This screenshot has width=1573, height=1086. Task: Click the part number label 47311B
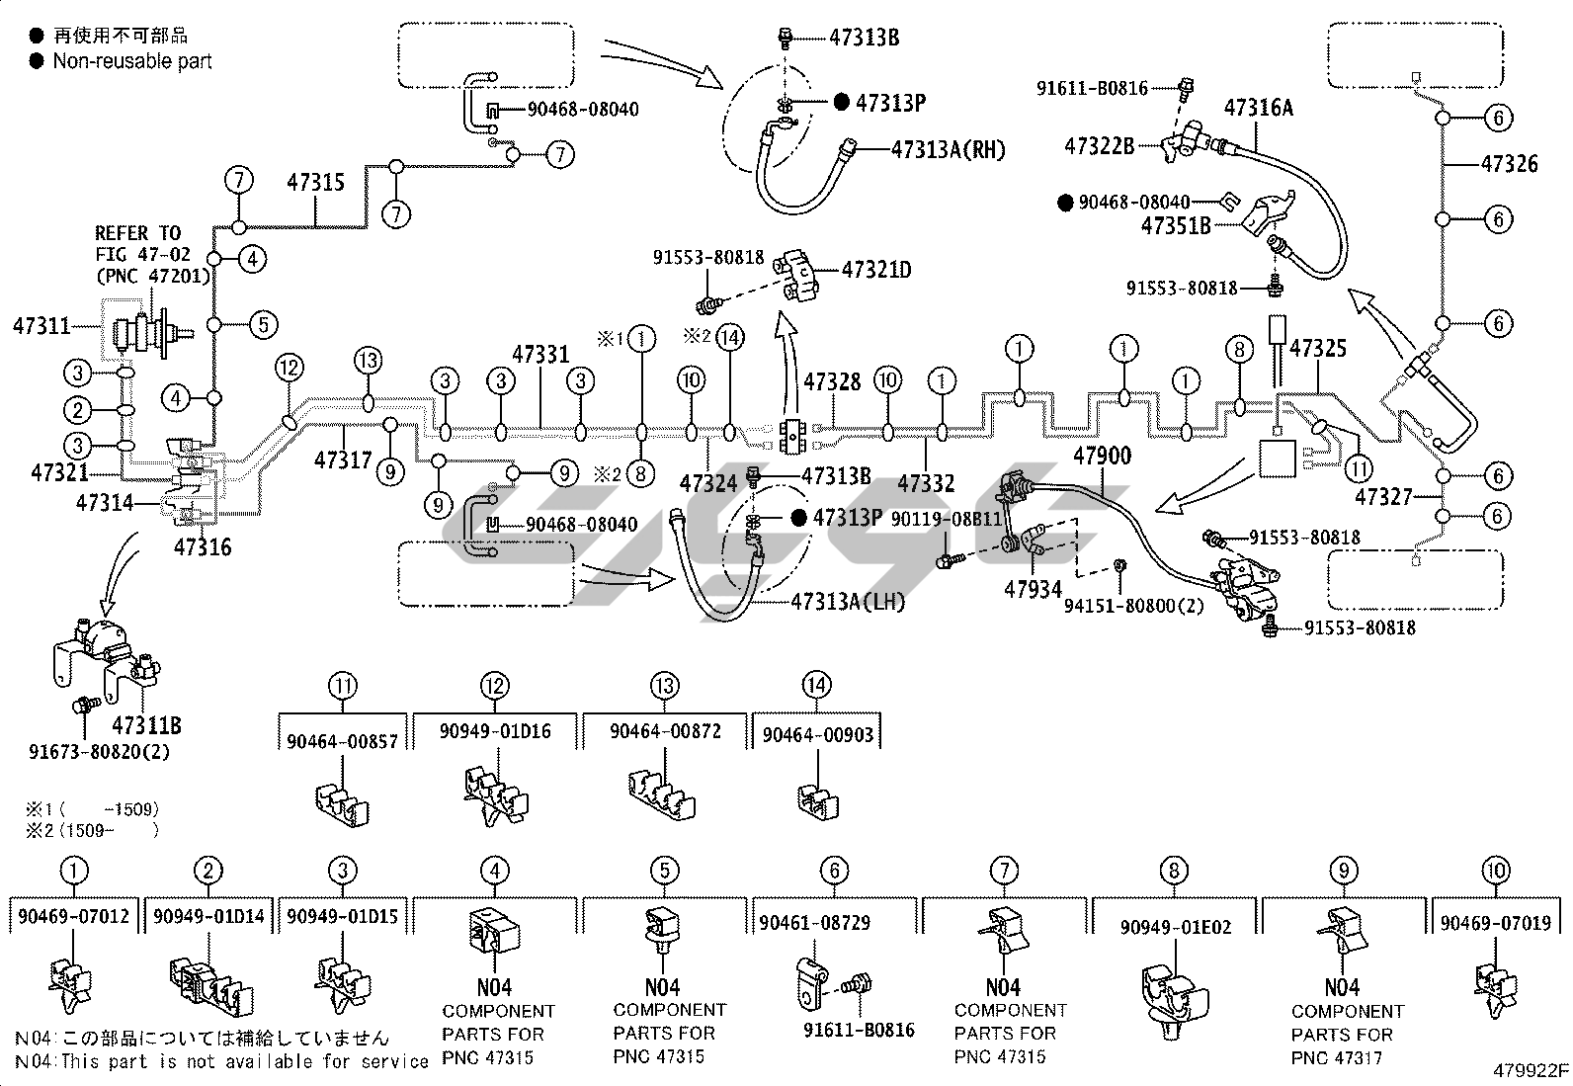146,726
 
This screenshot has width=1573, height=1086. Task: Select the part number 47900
1102,456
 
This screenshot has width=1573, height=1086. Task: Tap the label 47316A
1258,107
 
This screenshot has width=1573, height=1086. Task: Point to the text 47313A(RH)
948,149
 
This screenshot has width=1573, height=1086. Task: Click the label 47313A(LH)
848,601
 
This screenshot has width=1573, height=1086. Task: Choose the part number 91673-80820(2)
99,751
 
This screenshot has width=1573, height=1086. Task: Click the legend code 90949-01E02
1176,927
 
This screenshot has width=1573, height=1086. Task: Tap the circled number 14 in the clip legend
817,685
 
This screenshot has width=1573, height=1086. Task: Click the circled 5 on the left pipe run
262,324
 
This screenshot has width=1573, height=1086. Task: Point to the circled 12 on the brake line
289,369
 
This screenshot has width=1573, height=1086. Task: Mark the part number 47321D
876,268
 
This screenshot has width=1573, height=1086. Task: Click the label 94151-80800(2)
1133,604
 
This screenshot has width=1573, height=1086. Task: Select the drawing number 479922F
1531,1070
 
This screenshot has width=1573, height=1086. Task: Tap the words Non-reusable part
132,61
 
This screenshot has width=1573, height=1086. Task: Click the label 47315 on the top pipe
316,182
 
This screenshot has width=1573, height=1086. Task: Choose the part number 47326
1509,163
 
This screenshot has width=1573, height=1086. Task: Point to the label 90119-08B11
946,518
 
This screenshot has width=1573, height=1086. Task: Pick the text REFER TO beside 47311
137,233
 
